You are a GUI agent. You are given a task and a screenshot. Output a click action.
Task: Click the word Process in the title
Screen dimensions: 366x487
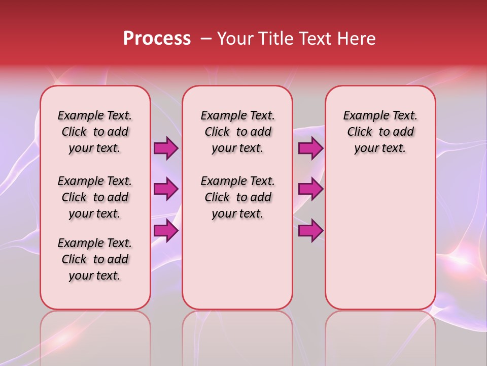point(157,39)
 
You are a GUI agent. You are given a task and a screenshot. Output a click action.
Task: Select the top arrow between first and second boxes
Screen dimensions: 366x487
point(166,148)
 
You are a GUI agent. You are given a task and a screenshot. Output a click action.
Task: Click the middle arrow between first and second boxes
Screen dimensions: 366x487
point(166,189)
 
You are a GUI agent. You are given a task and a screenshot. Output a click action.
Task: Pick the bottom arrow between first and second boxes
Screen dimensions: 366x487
point(166,230)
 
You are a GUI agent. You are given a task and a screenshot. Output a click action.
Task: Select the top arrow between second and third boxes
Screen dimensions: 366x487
point(310,148)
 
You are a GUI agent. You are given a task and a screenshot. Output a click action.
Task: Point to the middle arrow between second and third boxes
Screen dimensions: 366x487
point(310,189)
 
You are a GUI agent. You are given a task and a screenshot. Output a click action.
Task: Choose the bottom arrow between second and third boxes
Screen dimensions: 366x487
point(310,230)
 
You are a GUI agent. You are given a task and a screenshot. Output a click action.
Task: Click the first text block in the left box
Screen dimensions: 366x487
point(95,132)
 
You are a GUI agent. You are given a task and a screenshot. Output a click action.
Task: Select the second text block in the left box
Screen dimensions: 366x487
point(95,197)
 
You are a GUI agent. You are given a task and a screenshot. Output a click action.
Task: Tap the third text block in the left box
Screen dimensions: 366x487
point(95,259)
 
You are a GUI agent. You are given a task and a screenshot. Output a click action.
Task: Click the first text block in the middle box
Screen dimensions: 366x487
point(237,132)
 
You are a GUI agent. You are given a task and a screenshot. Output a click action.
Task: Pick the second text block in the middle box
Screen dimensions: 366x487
point(237,197)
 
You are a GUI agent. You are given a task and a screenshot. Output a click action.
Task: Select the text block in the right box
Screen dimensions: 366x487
point(380,132)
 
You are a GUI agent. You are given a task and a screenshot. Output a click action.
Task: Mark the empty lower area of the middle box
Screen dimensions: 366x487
point(237,264)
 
